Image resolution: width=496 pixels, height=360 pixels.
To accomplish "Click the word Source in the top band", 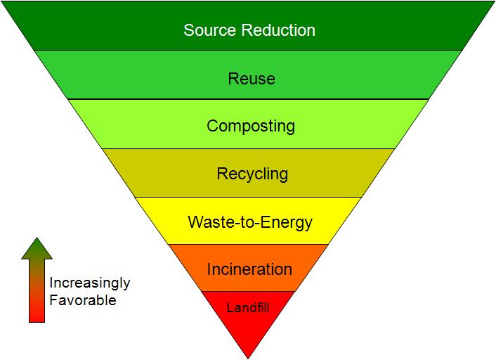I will pyautogui.click(x=207, y=30).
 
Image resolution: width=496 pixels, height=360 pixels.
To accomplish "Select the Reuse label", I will pyautogui.click(x=251, y=79).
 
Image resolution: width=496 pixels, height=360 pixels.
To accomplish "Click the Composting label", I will pyautogui.click(x=250, y=127).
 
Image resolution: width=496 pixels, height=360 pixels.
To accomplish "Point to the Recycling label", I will pyautogui.click(x=252, y=174).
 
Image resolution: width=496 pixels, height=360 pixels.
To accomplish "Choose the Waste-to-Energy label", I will pyautogui.click(x=249, y=223).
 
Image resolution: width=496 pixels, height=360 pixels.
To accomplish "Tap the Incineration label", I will pyautogui.click(x=249, y=269).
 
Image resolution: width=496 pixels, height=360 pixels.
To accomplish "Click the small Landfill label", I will pyautogui.click(x=247, y=307).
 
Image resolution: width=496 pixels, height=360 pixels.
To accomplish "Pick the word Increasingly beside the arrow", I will pyautogui.click(x=89, y=283).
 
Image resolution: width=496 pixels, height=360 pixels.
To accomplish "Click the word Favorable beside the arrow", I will pyautogui.click(x=82, y=300).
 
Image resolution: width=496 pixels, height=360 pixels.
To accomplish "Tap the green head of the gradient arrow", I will pyautogui.click(x=37, y=248).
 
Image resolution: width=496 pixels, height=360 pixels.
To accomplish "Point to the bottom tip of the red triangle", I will pyautogui.click(x=248, y=357).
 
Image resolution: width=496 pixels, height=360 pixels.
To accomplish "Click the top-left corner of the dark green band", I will pyautogui.click(x=3, y=2).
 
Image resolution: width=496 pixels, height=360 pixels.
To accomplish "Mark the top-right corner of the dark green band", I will pyautogui.click(x=493, y=2).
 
